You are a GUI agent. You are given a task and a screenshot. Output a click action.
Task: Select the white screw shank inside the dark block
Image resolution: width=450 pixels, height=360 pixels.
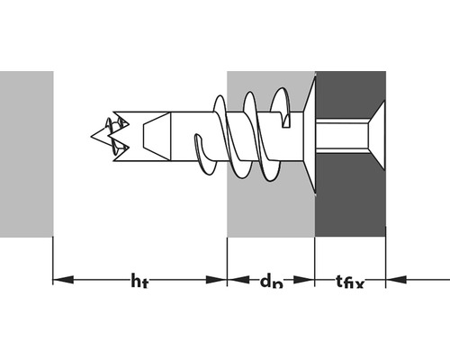tap(342, 137)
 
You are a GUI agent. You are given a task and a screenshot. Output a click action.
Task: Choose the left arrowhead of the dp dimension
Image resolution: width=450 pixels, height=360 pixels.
tap(234, 279)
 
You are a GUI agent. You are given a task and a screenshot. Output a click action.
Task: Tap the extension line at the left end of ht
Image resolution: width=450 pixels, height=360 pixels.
tap(53, 261)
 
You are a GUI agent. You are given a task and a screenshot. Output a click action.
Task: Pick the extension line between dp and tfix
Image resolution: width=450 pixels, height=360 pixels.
tap(315, 261)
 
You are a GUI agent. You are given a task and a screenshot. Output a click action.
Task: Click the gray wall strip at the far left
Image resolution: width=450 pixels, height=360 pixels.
tap(25, 153)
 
